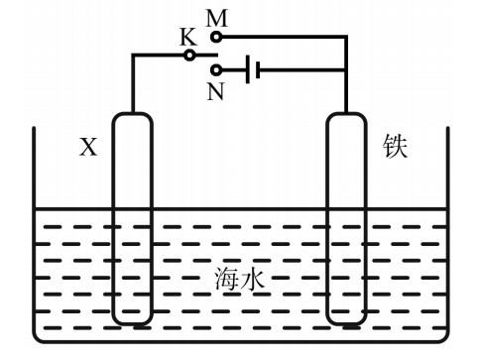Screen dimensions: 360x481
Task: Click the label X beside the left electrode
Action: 88,148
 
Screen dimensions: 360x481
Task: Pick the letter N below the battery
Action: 215,92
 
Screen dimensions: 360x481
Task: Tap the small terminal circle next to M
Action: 217,36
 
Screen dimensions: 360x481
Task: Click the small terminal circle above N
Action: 217,70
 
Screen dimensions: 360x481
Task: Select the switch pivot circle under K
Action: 189,55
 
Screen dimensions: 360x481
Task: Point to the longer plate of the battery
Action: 246,69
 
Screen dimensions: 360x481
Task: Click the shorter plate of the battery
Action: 258,69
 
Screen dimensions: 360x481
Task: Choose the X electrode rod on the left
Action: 132,218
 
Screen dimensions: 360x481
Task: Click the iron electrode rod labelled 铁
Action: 347,218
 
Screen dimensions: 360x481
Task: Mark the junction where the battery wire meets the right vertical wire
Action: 347,69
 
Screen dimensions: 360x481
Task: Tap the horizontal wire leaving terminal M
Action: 283,36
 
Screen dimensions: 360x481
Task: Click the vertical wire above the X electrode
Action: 132,84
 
